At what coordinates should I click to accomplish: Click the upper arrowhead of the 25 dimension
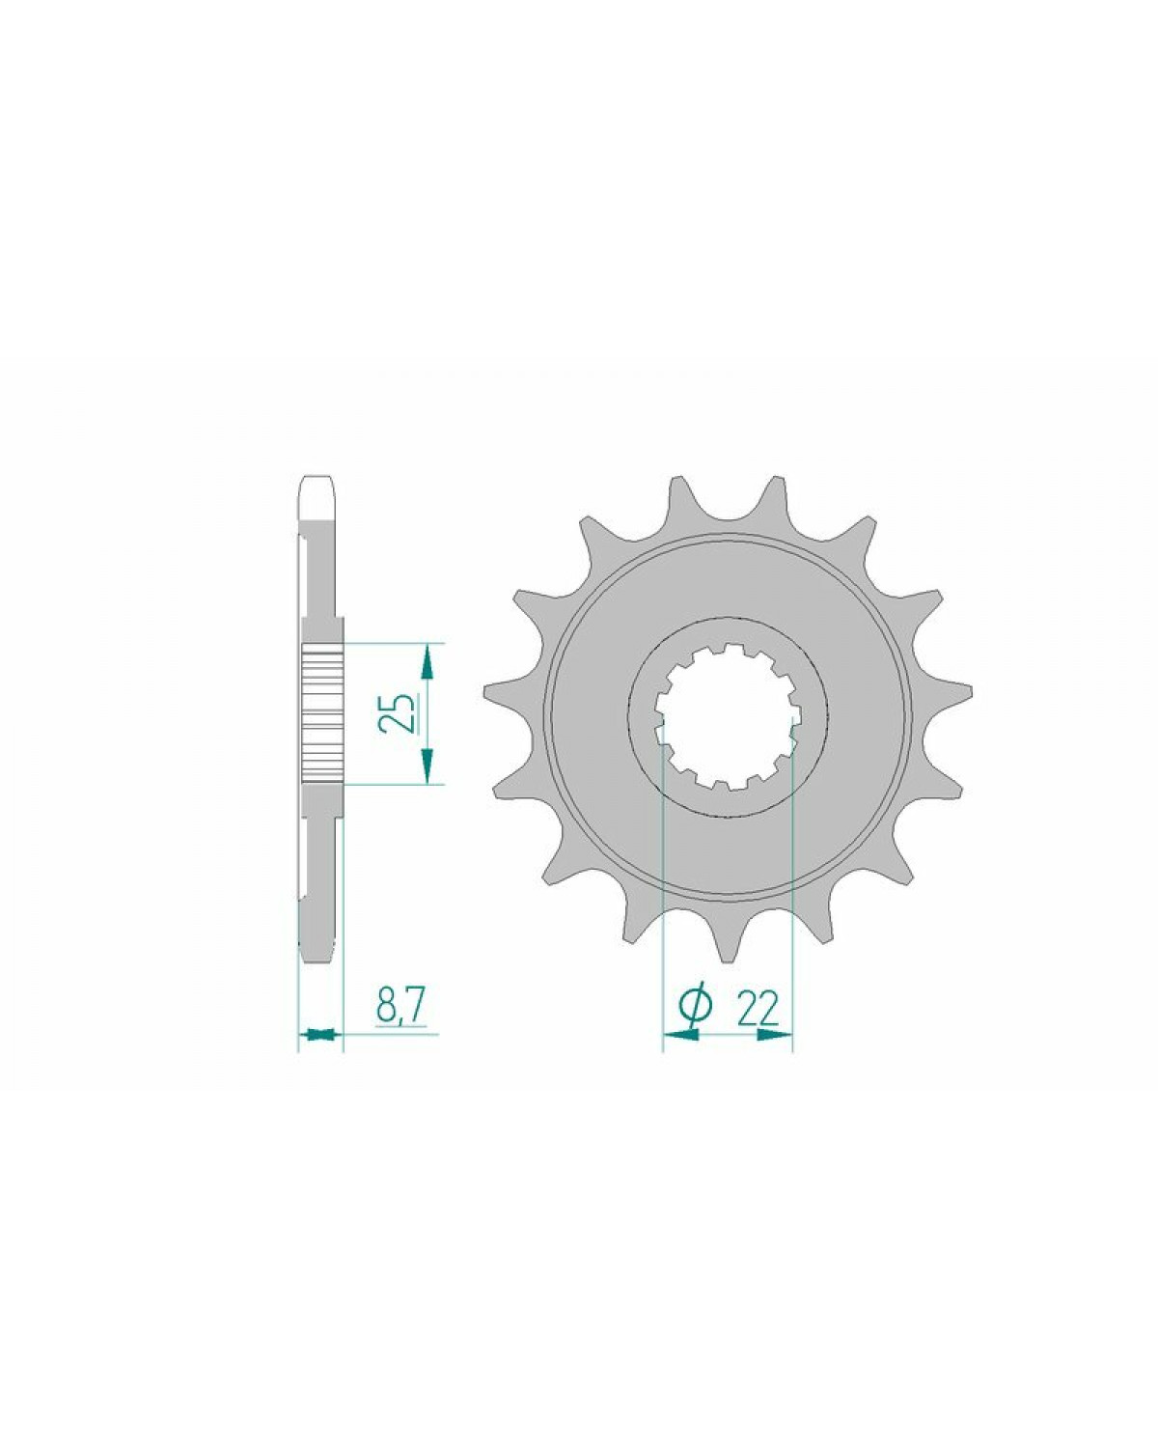click(x=426, y=661)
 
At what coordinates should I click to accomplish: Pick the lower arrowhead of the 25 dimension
click(x=426, y=766)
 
